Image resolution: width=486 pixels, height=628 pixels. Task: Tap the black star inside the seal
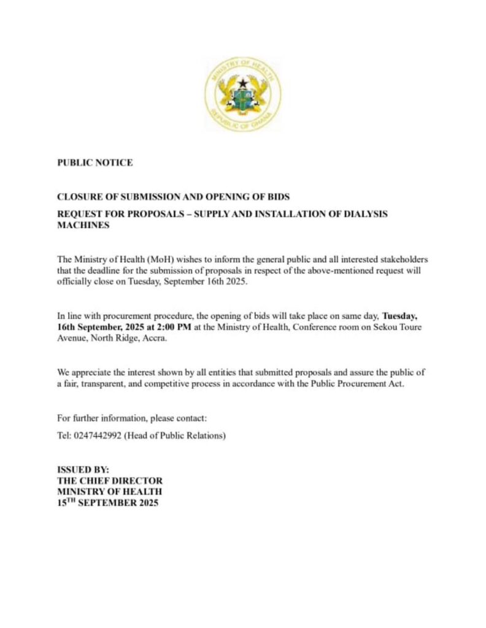pos(242,82)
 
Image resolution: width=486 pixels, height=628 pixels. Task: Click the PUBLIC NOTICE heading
pos(94,163)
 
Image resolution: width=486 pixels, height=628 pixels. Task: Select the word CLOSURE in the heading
pos(78,197)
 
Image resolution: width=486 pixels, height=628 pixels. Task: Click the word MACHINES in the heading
pos(83,225)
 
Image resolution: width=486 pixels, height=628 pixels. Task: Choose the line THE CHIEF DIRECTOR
pos(110,481)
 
